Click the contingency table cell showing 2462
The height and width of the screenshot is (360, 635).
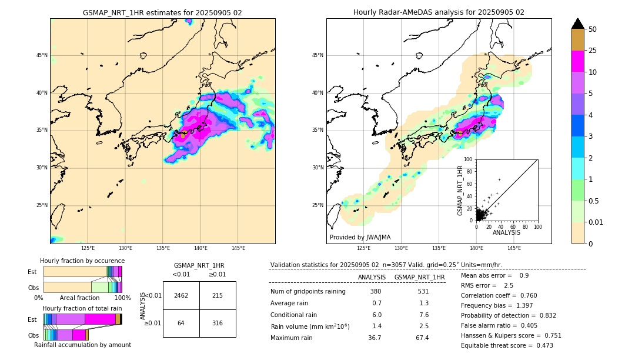click(x=181, y=295)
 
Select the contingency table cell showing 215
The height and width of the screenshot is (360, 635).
click(x=218, y=295)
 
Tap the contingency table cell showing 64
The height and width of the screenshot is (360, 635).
click(x=181, y=323)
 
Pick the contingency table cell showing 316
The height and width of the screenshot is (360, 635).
click(x=218, y=323)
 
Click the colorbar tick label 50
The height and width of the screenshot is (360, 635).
click(x=593, y=29)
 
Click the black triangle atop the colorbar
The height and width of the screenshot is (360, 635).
click(x=578, y=24)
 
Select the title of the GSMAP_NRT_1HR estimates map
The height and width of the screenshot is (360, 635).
click(x=162, y=12)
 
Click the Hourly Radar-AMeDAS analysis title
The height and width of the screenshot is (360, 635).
click(x=439, y=12)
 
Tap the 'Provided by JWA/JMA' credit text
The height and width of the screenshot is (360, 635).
click(x=360, y=237)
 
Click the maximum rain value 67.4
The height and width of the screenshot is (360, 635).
click(x=422, y=338)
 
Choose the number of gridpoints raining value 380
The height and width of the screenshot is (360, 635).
click(x=376, y=292)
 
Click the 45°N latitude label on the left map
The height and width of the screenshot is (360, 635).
click(x=42, y=55)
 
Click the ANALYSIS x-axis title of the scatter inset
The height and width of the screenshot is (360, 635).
click(x=506, y=232)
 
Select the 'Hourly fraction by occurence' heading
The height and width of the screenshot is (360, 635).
click(x=82, y=261)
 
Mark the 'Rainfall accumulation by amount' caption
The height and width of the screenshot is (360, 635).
click(x=82, y=345)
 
